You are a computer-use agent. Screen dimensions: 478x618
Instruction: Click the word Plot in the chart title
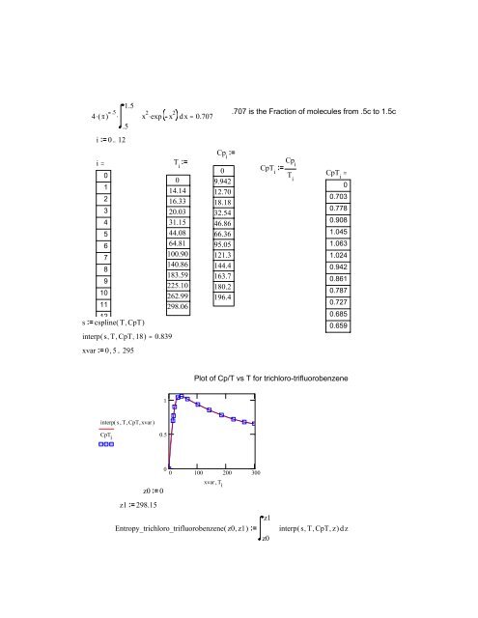click(204, 379)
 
